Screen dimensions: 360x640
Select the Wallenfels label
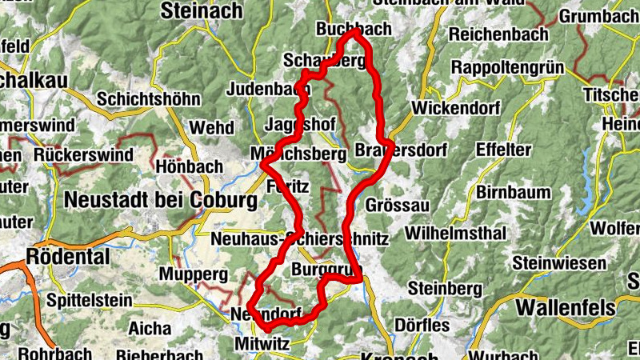566,308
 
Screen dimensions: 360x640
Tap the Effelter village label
503,150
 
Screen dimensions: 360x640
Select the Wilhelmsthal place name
456,234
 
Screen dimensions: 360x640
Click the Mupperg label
188,274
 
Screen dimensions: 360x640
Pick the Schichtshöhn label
148,99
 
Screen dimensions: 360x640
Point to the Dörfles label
422,326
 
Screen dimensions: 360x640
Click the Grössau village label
397,206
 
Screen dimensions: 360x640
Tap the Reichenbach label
498,34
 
